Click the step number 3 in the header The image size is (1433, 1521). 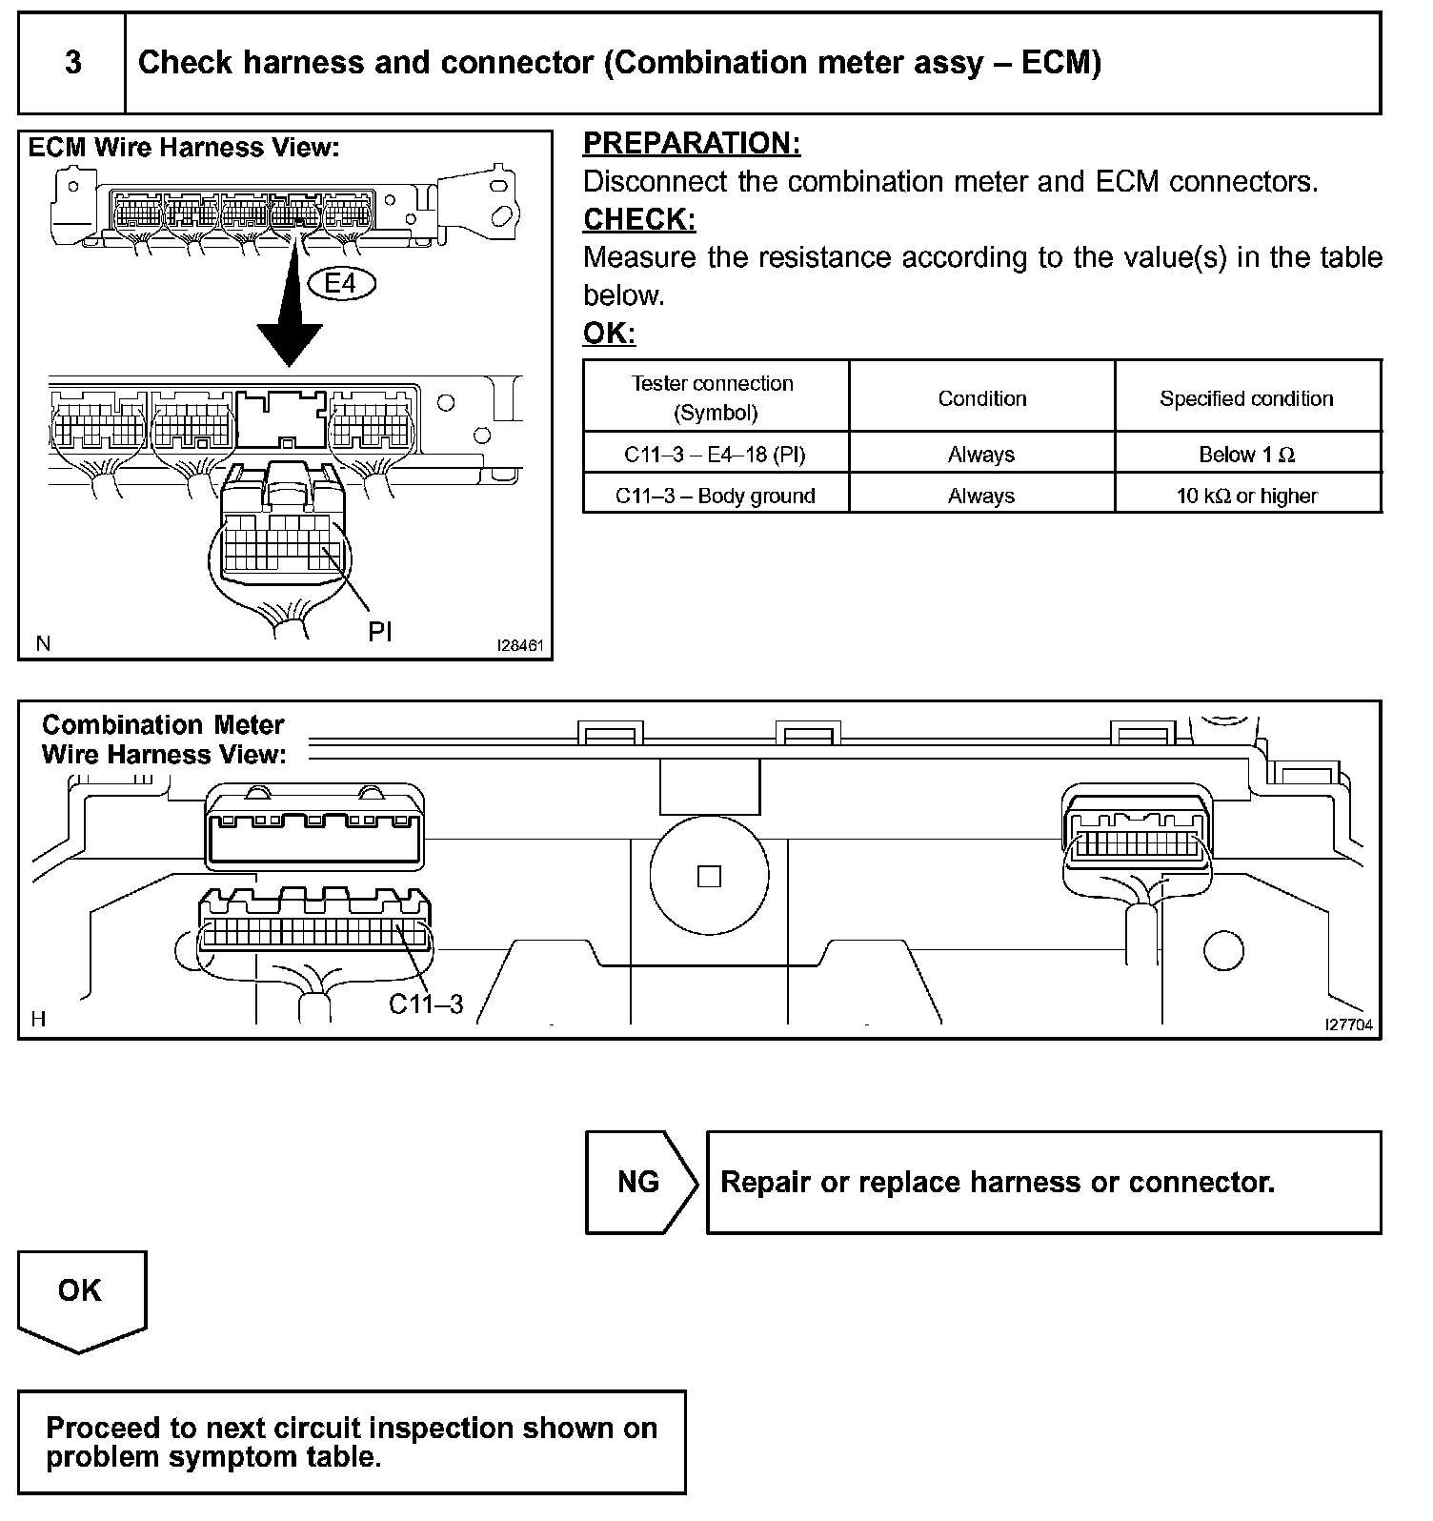[x=73, y=63]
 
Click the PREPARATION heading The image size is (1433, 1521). [x=692, y=144]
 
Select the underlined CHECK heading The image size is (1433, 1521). [x=639, y=220]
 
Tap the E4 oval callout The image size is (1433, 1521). [x=342, y=283]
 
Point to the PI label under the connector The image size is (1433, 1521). [x=379, y=631]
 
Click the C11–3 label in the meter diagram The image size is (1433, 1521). [x=426, y=1004]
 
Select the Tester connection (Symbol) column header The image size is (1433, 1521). [x=713, y=397]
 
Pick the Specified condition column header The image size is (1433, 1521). [x=1246, y=398]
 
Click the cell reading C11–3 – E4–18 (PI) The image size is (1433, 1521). [x=715, y=455]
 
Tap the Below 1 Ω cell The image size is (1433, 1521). [x=1246, y=455]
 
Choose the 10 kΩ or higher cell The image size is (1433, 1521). [x=1246, y=496]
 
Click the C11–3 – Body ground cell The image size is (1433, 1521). [x=715, y=496]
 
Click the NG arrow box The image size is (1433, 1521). [x=639, y=1183]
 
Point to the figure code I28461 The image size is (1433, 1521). [x=520, y=645]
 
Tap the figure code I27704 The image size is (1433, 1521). [x=1348, y=1024]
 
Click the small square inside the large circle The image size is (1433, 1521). [x=709, y=876]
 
